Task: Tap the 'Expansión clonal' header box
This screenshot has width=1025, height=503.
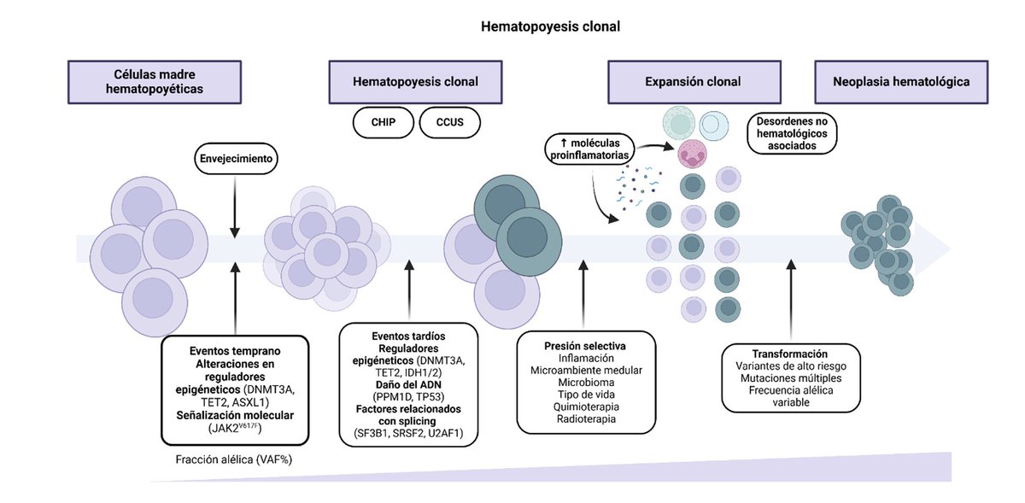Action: click(692, 82)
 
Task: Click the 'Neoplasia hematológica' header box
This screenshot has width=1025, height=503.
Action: click(901, 82)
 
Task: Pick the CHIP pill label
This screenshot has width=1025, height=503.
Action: click(384, 123)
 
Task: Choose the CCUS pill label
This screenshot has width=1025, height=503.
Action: click(449, 123)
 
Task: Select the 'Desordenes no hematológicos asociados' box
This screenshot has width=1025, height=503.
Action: click(792, 133)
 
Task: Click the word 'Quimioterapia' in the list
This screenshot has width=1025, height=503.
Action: click(586, 406)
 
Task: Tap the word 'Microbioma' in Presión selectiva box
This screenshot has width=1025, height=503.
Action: click(586, 382)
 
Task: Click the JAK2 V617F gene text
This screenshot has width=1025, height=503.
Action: click(234, 428)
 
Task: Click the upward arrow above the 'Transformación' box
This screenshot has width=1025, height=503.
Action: click(790, 299)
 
